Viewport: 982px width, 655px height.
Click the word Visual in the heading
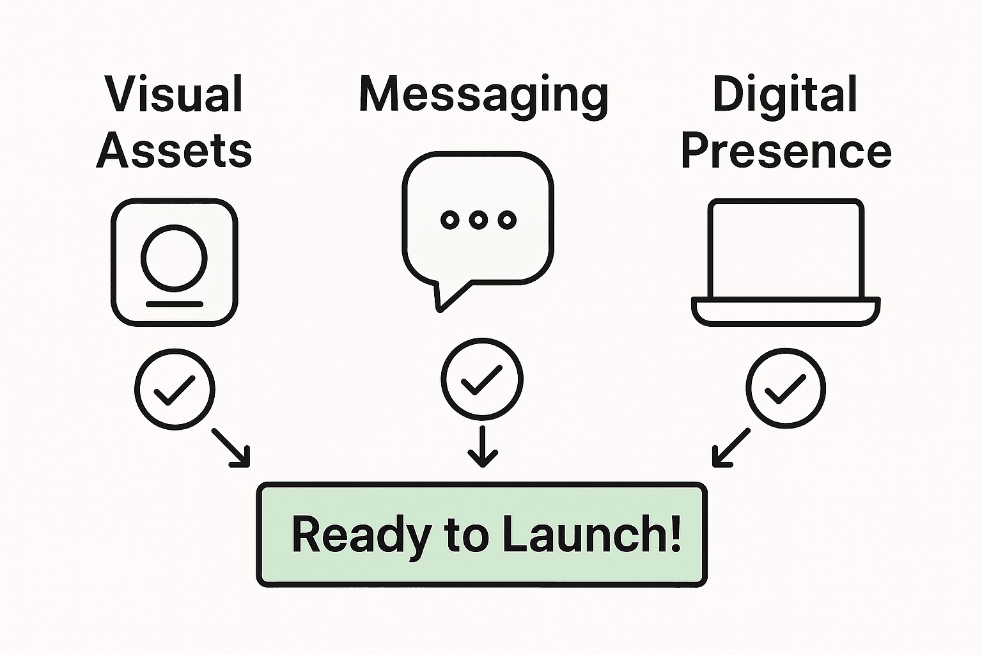tap(174, 95)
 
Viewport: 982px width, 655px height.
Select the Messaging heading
tap(483, 96)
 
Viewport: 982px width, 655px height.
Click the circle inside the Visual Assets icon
tap(174, 256)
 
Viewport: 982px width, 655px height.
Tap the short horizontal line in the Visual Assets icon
tap(174, 304)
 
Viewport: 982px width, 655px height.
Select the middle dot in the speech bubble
tap(478, 220)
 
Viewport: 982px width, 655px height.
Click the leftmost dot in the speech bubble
tap(450, 220)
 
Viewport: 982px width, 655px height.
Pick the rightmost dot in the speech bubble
tap(507, 220)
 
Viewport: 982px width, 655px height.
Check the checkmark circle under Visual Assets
tap(175, 389)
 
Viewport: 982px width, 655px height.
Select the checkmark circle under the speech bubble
tap(481, 379)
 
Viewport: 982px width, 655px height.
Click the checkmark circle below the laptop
tap(786, 388)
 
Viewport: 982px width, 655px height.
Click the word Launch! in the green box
tap(591, 535)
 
